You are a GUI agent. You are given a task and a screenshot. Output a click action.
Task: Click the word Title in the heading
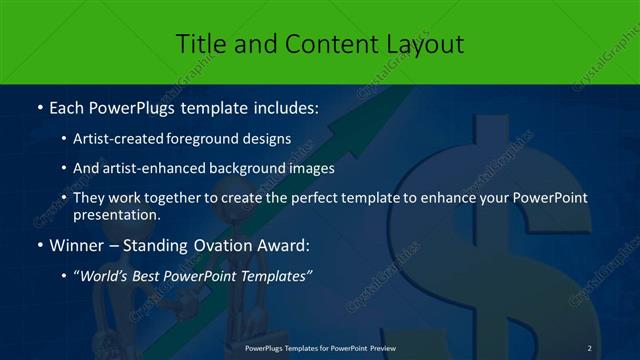pyautogui.click(x=200, y=44)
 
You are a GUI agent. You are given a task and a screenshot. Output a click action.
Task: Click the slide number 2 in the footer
pyautogui.click(x=590, y=347)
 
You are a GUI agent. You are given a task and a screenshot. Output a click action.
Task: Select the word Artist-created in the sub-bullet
pyautogui.click(x=118, y=139)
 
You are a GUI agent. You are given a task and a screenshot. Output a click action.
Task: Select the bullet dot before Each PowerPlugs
pyautogui.click(x=38, y=106)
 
